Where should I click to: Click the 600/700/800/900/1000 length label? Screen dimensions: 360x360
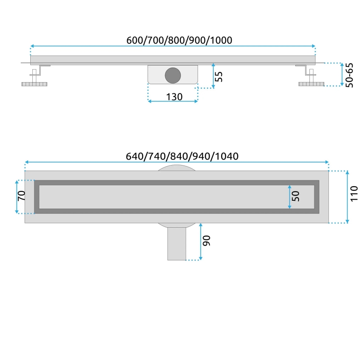[179, 40]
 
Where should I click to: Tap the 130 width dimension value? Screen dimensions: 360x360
[174, 97]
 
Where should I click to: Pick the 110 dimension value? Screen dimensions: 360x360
[354, 194]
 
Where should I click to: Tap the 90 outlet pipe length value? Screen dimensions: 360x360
[207, 241]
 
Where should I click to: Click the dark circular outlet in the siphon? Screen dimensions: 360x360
[173, 75]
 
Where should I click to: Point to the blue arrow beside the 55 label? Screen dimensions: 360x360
[213, 75]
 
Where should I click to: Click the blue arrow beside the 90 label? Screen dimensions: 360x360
[201, 242]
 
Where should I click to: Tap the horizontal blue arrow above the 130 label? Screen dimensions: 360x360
[173, 101]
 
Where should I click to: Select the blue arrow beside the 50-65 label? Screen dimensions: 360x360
[342, 75]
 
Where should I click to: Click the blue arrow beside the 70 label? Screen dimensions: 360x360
[17, 197]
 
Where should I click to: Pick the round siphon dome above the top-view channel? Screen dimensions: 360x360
[176, 167]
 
